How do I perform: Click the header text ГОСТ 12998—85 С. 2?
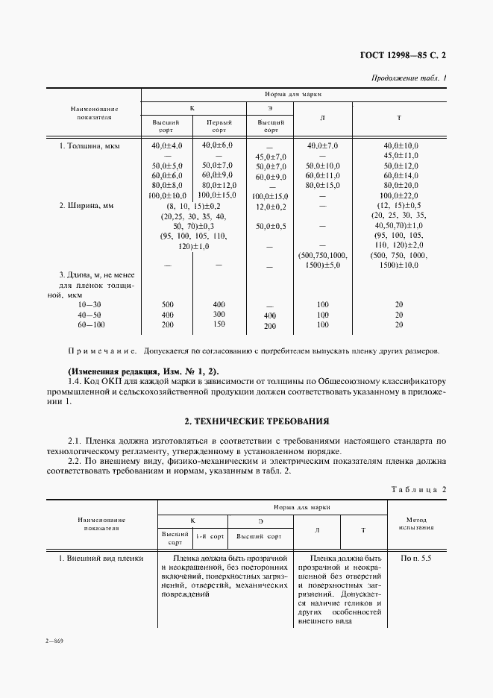tap(406, 55)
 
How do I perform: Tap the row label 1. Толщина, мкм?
tap(89, 145)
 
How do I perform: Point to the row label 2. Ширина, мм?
tap(87, 205)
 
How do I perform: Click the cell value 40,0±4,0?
tap(167, 145)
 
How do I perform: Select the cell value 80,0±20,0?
tap(401, 184)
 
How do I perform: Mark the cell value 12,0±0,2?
tap(271, 206)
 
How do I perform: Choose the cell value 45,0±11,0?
tap(401, 155)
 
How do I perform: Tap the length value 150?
tap(218, 325)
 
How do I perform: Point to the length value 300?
tap(218, 315)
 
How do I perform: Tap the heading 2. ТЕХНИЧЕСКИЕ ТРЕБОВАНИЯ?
tap(247, 421)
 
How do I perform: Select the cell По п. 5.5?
tap(416, 558)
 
